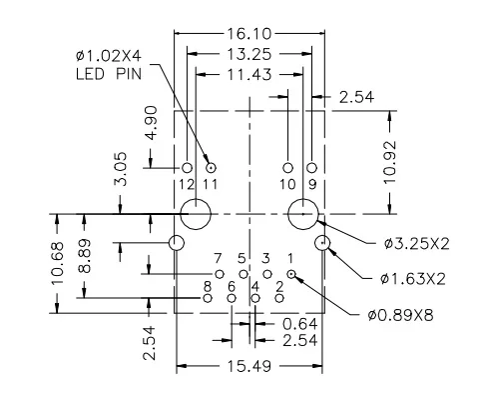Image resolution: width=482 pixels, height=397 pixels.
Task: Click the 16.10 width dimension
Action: pyautogui.click(x=249, y=34)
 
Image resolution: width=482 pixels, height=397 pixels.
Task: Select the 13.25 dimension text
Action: pyautogui.click(x=249, y=54)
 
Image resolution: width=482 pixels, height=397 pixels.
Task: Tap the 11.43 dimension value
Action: pyautogui.click(x=249, y=75)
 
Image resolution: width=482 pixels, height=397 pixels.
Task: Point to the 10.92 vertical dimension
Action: pyautogui.click(x=390, y=162)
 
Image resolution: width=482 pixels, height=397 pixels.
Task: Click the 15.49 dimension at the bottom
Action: pyautogui.click(x=249, y=366)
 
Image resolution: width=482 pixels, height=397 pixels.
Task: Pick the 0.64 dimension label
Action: pyautogui.click(x=299, y=324)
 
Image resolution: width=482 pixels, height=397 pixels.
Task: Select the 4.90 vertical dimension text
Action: pyautogui.click(x=152, y=123)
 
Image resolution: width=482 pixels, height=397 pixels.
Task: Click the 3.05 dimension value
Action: pyautogui.click(x=121, y=169)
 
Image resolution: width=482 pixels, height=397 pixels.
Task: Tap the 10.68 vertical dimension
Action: pyautogui.click(x=57, y=263)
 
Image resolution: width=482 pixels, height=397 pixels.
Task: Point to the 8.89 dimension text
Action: pyautogui.click(x=85, y=256)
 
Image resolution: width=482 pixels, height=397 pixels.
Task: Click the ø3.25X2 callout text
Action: pyautogui.click(x=416, y=244)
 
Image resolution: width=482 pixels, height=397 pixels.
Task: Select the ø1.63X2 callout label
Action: pyautogui.click(x=413, y=279)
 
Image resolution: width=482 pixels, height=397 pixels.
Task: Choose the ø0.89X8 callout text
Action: pyautogui.click(x=401, y=315)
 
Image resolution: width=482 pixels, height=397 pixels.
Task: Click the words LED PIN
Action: pyautogui.click(x=109, y=74)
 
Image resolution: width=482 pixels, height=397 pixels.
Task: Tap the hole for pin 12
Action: pyautogui.click(x=188, y=168)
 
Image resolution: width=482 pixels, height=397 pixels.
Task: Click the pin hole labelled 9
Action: pyautogui.click(x=311, y=168)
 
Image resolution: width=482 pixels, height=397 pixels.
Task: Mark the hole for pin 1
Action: pyautogui.click(x=291, y=274)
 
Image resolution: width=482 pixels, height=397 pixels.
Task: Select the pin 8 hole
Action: pyautogui.click(x=208, y=298)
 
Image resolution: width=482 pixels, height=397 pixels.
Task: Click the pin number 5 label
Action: pyautogui.click(x=241, y=259)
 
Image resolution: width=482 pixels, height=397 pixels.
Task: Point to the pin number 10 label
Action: pyautogui.click(x=287, y=184)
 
